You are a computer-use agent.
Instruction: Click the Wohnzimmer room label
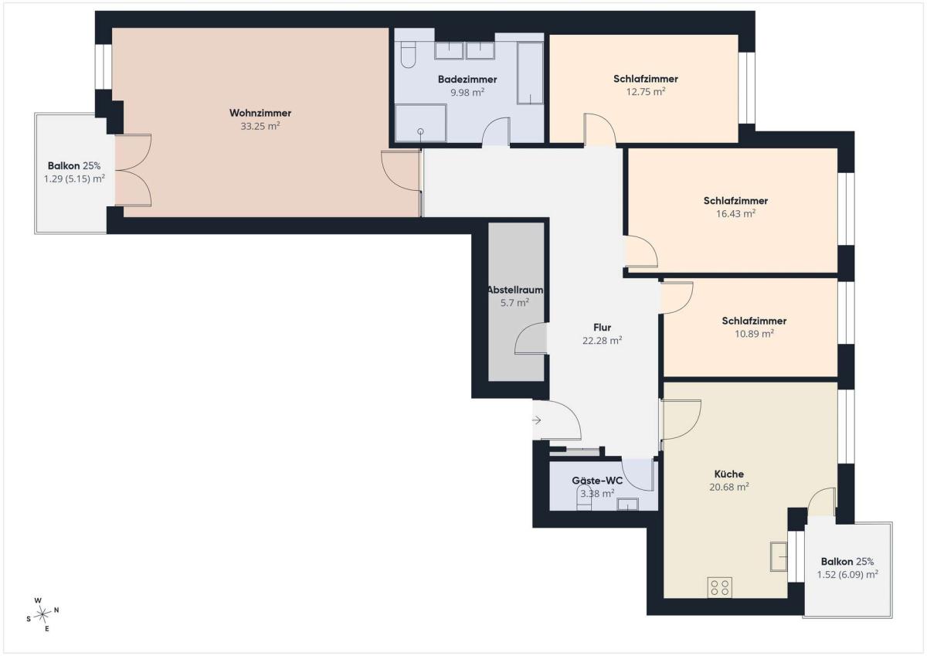[x=260, y=113]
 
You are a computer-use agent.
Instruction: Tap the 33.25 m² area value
[x=260, y=126]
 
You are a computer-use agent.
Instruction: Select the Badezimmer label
[x=467, y=79]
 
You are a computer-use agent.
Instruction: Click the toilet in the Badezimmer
[x=408, y=56]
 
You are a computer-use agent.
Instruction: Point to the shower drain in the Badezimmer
[x=420, y=131]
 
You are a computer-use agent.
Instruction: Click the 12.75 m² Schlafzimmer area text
[x=646, y=91]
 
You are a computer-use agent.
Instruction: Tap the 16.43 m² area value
[x=735, y=213]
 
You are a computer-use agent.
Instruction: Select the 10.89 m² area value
[x=754, y=334]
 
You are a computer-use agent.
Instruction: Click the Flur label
[x=602, y=328]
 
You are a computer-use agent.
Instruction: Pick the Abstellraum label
[x=515, y=290]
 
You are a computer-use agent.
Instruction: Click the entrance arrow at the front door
[x=537, y=420]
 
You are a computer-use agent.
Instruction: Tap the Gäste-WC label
[x=597, y=481]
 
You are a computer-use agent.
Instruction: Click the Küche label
[x=728, y=474]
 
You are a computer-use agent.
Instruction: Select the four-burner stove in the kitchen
[x=720, y=588]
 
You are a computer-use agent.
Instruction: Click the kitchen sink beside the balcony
[x=779, y=556]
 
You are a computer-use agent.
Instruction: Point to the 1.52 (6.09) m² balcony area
[x=847, y=575]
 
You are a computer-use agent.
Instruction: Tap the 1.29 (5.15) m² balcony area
[x=74, y=178]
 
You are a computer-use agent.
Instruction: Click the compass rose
[x=42, y=614]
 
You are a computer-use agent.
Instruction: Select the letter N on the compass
[x=56, y=610]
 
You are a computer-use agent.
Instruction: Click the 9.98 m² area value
[x=467, y=92]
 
